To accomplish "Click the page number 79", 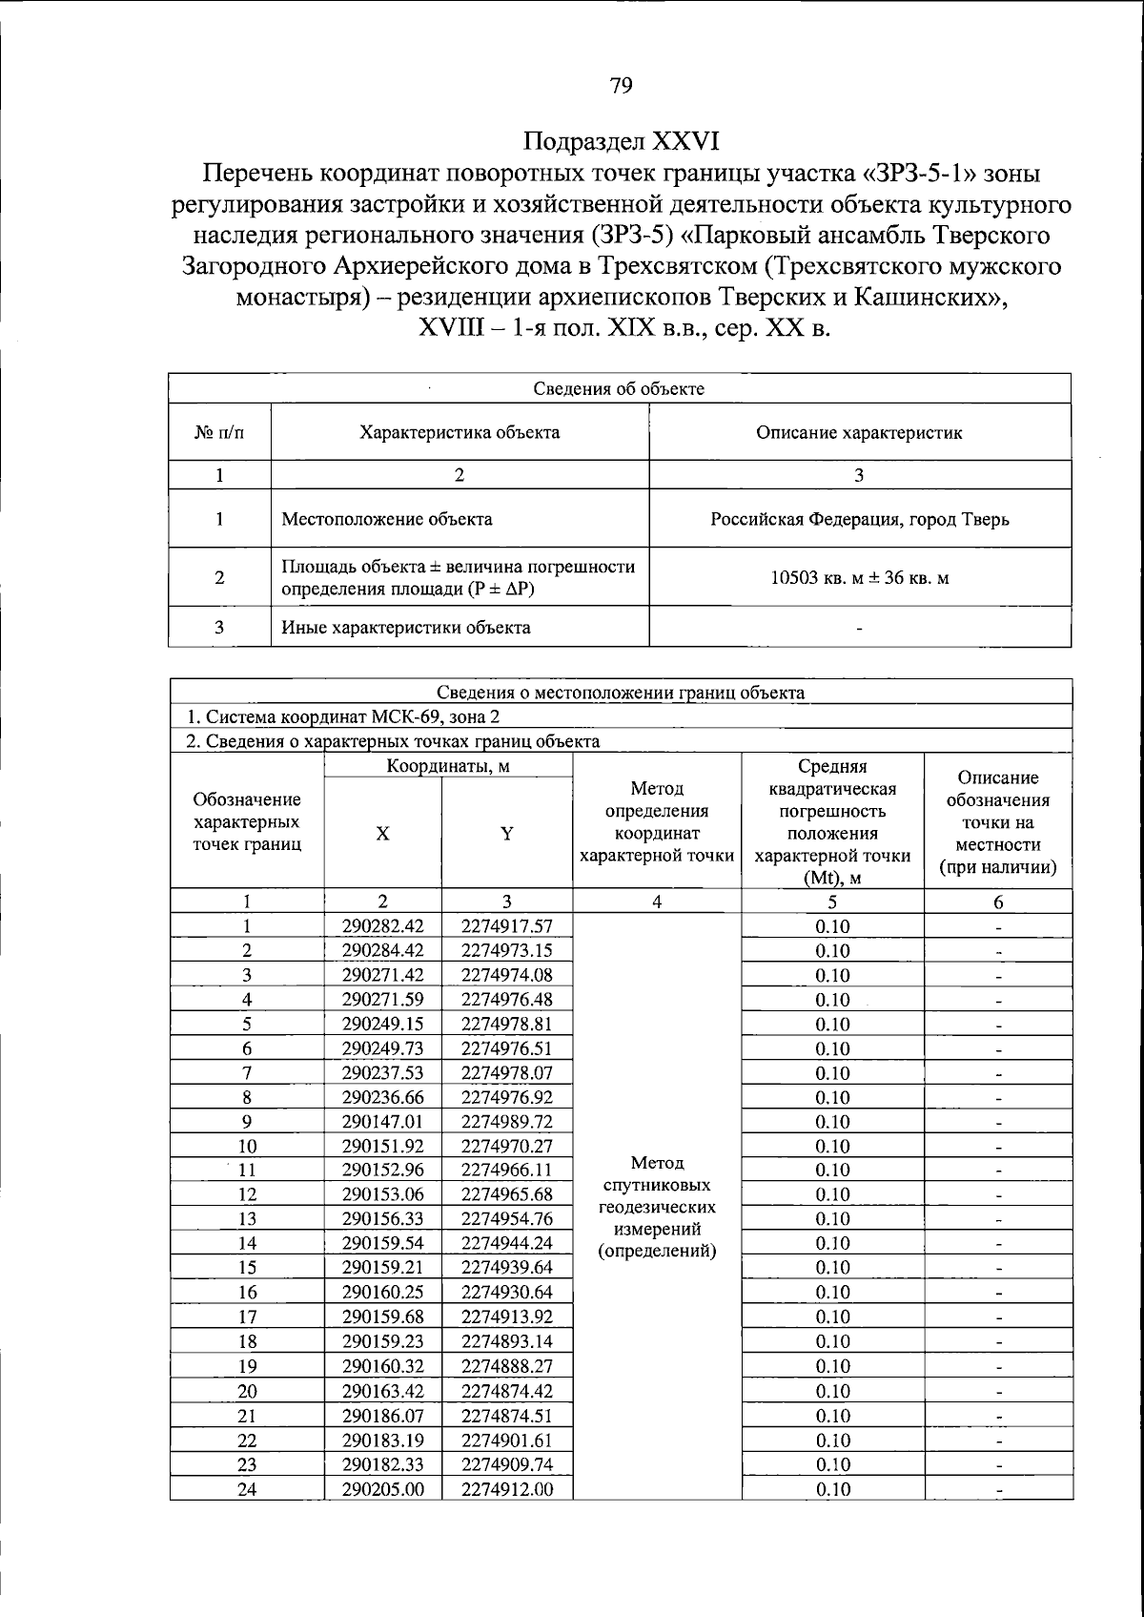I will (620, 87).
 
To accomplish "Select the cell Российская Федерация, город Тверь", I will (859, 520).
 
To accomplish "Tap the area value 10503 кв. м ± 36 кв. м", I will (859, 577).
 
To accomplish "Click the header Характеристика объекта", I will (460, 432).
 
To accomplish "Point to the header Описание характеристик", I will (859, 432).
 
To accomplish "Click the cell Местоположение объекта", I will (387, 520).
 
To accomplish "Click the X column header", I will (382, 834).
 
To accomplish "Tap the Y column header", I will (507, 834).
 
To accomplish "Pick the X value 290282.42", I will (382, 926).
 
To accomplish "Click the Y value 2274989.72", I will (507, 1122).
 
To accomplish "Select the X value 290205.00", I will (382, 1489).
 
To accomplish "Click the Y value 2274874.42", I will (507, 1391).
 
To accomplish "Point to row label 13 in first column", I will (247, 1219).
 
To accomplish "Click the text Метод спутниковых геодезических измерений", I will (656, 1207).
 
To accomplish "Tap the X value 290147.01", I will (382, 1122).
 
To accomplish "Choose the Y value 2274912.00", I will (507, 1489).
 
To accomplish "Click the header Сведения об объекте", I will (619, 388).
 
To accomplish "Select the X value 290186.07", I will (382, 1416).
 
